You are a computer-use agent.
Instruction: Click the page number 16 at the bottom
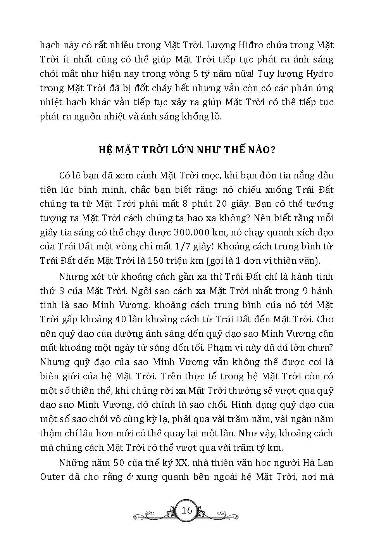[187, 510]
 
